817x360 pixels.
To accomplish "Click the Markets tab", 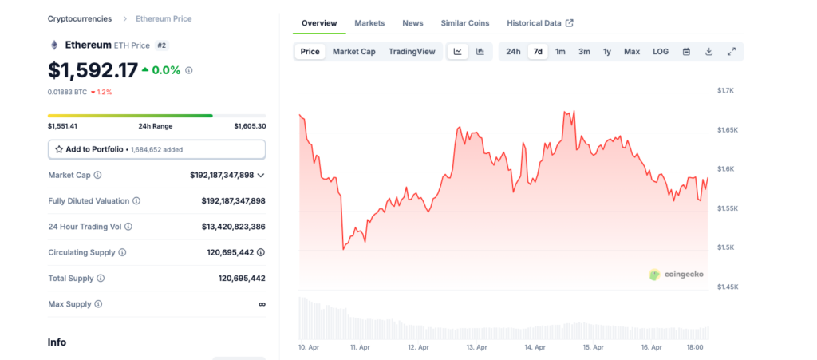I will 369,23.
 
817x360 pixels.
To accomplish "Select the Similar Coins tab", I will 464,23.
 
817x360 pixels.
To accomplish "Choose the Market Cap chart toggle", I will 353,52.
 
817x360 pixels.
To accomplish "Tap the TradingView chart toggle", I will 412,52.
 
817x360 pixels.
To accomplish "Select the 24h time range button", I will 513,52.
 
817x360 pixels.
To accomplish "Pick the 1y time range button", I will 607,52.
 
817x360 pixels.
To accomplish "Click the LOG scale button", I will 661,52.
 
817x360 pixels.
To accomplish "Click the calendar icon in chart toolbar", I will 686,52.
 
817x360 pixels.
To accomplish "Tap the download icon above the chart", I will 708,52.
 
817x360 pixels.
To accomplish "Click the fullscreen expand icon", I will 731,52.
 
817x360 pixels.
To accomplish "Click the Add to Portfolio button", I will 156,149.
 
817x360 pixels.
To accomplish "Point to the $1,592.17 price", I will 93,70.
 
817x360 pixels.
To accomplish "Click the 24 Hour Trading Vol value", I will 233,227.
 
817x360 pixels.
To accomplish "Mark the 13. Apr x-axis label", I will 477,348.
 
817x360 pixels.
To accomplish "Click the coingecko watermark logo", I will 676,275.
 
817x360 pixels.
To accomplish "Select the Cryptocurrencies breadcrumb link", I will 80,18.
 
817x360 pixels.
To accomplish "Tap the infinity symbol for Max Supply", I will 262,304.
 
